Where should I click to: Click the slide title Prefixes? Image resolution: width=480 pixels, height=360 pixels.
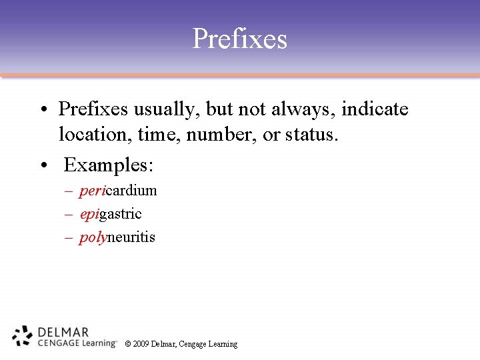(239, 39)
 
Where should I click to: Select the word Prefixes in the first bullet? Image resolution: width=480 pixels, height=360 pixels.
(93, 109)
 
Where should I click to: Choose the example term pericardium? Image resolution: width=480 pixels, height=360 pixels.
(118, 191)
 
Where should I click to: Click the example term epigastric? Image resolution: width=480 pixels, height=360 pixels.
(111, 214)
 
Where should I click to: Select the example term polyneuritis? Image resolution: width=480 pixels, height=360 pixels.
(117, 237)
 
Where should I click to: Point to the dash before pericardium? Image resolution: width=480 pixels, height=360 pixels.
(69, 191)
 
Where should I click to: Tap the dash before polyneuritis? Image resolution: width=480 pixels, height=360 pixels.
(69, 238)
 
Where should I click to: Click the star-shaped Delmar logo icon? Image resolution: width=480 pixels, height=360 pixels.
(23, 336)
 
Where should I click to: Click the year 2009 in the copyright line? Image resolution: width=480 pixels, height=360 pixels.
(141, 344)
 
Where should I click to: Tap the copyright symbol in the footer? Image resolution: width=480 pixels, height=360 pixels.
(127, 344)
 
